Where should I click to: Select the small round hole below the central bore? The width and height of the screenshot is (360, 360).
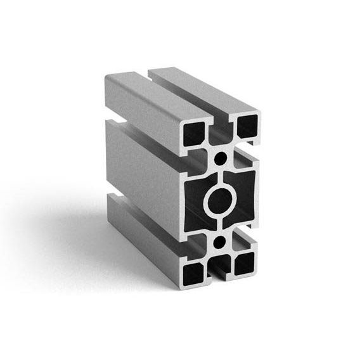tap(220, 243)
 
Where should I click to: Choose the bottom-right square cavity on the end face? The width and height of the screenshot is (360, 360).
tap(245, 262)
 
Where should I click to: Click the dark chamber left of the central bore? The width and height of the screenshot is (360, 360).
tap(193, 199)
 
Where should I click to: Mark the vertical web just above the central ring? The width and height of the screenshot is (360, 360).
tap(220, 172)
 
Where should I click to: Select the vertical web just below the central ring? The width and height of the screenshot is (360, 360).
tap(220, 228)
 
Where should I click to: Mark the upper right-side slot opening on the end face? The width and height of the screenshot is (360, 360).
tap(251, 148)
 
